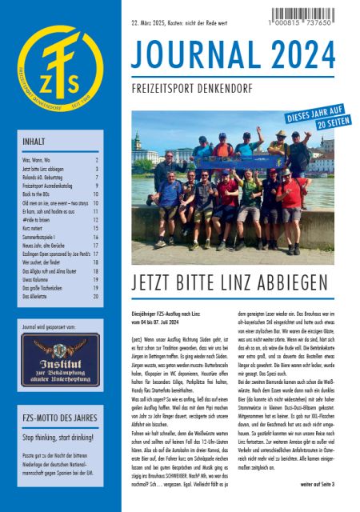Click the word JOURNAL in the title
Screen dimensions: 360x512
[x=196, y=55]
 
